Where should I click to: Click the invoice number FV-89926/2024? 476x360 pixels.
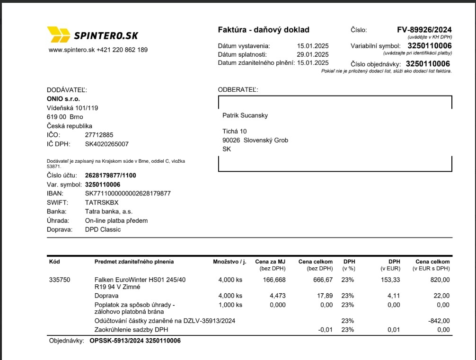pos(424,30)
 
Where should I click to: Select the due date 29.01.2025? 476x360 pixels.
pos(313,54)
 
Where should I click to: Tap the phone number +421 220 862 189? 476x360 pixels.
pos(122,50)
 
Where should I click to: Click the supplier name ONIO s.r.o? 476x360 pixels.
pos(63,99)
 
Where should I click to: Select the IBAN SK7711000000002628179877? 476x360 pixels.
pos(128,193)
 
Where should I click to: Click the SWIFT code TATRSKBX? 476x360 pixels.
pos(102,202)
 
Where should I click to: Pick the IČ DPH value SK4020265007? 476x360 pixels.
pos(106,144)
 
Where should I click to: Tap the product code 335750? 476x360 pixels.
pos(60,280)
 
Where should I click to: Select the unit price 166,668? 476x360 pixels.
pos(274,280)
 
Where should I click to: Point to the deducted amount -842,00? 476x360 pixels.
pos(438,321)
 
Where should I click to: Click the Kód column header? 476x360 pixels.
pos(54,262)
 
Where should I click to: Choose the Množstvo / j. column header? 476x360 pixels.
pos(230,262)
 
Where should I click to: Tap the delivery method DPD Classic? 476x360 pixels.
pos(103,229)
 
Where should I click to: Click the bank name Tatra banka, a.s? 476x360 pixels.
pos(109,211)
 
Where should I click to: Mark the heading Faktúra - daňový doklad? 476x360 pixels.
pos(264,30)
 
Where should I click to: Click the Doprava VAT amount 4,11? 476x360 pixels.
pos(394,296)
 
